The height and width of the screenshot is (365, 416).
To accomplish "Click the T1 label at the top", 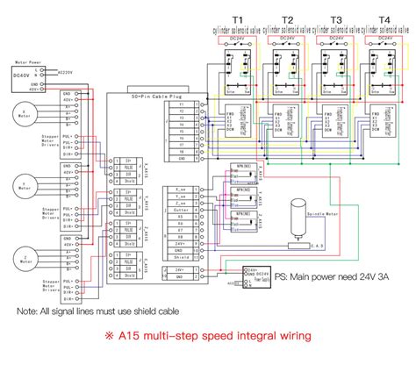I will coord(238,18).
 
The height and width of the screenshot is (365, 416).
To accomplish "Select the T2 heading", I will coord(288,18).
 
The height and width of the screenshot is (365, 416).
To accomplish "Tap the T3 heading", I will coord(337,18).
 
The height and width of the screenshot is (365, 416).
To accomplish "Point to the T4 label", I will coord(384,18).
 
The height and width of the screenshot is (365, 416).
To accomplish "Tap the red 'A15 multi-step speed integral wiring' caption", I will coord(208,335).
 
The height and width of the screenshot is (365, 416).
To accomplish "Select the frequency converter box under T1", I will coord(233,122).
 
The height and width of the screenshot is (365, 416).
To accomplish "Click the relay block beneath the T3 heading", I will coord(335,69).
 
